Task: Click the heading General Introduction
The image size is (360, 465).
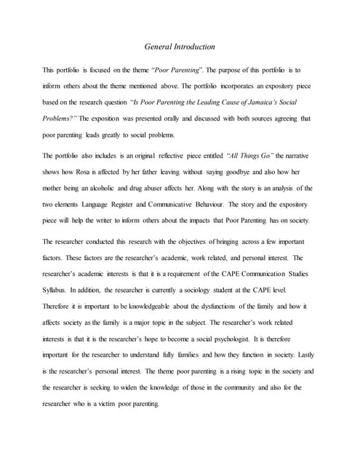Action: (x=180, y=47)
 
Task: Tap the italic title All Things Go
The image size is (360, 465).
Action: (x=257, y=155)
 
